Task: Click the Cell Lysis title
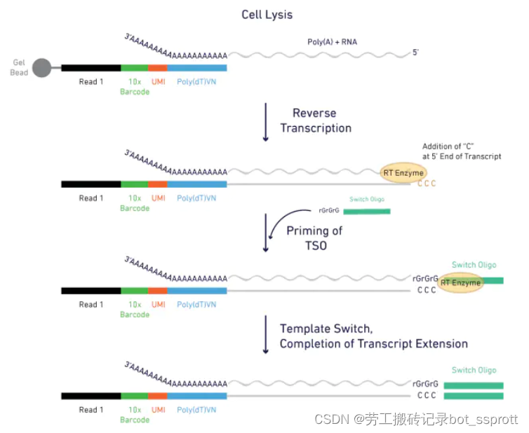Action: click(x=267, y=15)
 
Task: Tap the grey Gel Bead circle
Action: click(x=41, y=68)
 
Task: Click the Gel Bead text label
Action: click(x=19, y=68)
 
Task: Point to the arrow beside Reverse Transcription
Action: click(x=265, y=122)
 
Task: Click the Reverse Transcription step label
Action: click(x=316, y=121)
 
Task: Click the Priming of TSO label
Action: click(x=314, y=238)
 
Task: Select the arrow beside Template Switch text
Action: click(x=265, y=334)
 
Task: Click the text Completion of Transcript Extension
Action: click(x=373, y=343)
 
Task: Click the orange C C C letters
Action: click(x=427, y=184)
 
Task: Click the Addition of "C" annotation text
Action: click(x=461, y=151)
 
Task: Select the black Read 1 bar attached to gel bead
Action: click(x=91, y=68)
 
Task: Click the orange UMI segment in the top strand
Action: click(x=158, y=68)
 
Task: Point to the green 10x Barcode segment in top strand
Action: click(x=134, y=68)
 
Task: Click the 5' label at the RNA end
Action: click(x=415, y=53)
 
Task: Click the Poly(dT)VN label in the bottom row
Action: click(x=196, y=410)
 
